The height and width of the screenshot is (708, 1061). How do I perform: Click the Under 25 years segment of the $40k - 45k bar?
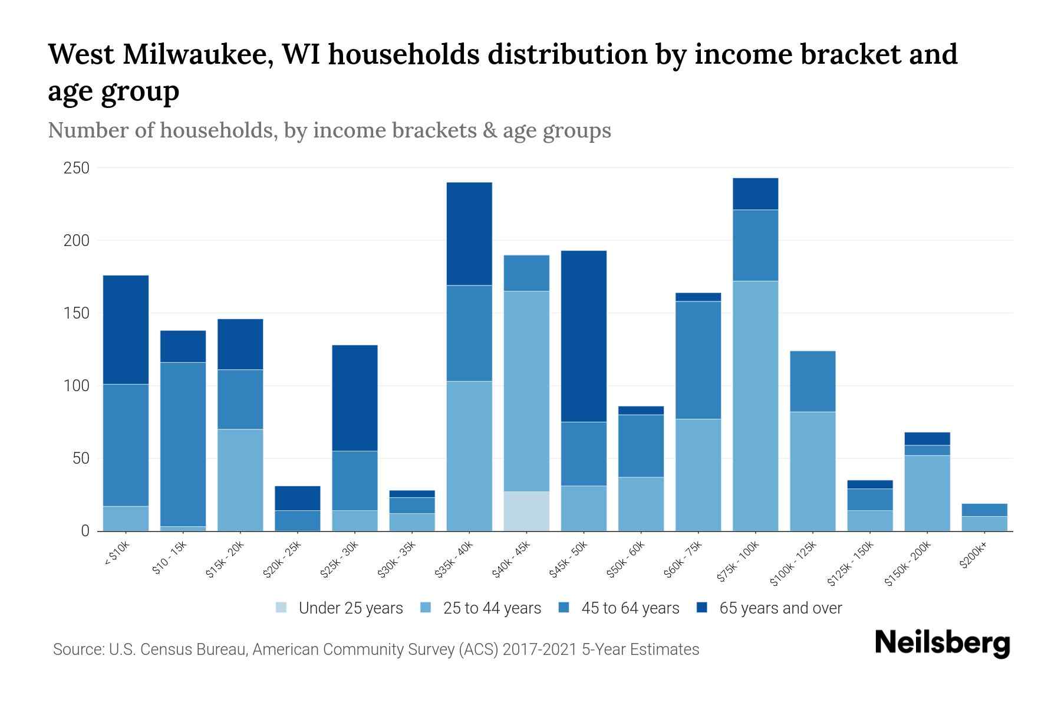(526, 511)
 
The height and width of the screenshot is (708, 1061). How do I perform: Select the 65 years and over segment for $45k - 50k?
(584, 336)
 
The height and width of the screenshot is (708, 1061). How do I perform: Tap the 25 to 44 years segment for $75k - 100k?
(755, 406)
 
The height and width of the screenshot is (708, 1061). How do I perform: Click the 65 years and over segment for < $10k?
(126, 330)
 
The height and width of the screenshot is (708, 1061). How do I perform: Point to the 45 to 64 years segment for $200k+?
(984, 510)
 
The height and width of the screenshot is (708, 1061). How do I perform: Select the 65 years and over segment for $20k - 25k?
(298, 498)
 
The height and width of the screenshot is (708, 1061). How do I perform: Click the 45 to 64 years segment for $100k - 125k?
(813, 381)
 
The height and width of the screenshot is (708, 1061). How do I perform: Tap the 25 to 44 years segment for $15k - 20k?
(240, 480)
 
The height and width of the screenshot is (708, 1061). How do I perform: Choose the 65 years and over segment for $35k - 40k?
(469, 234)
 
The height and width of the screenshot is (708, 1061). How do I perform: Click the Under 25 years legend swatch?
(282, 608)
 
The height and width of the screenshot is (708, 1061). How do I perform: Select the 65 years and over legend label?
(780, 608)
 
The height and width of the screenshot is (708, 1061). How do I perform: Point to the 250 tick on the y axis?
(77, 168)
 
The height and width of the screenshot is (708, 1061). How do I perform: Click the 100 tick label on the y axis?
(77, 386)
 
